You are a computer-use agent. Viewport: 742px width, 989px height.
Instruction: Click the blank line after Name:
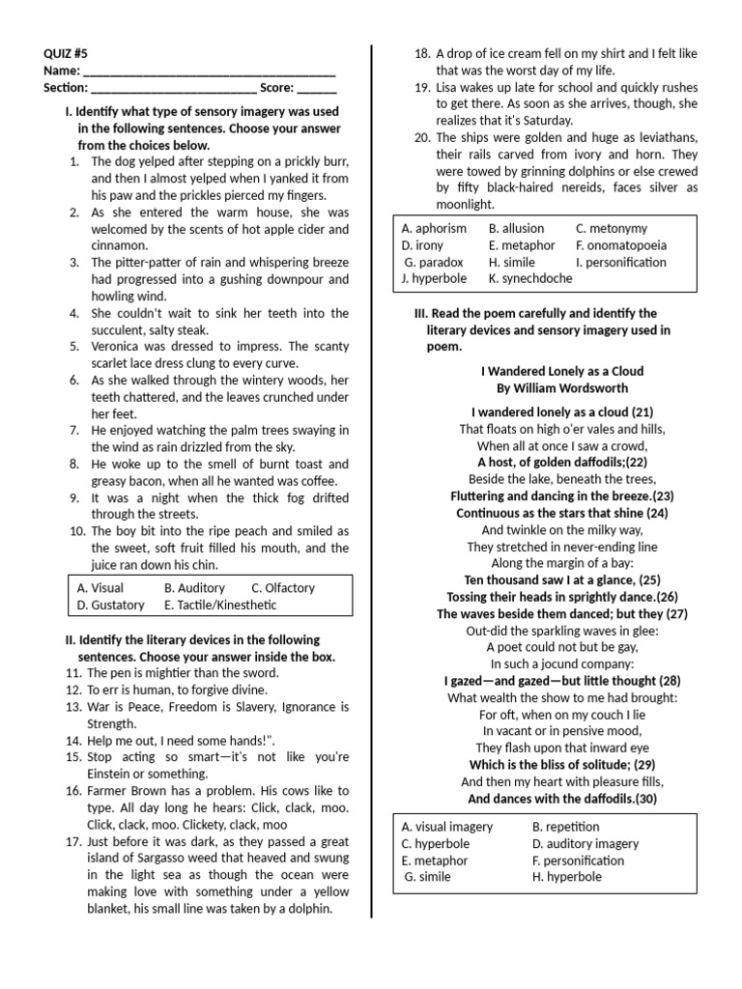pyautogui.click(x=210, y=71)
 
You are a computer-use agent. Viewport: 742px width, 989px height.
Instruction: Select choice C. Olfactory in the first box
pyautogui.click(x=283, y=587)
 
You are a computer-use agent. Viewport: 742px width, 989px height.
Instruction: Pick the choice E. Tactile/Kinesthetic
pyautogui.click(x=220, y=605)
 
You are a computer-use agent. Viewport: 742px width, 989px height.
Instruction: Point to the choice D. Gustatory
pyautogui.click(x=110, y=605)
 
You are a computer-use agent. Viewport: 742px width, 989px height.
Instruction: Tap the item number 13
pyautogui.click(x=74, y=707)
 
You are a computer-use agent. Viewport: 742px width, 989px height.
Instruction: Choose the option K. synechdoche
pyautogui.click(x=530, y=278)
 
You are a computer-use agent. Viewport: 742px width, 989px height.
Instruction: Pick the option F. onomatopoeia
pyautogui.click(x=621, y=245)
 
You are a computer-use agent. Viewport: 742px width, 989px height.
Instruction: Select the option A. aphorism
pyautogui.click(x=434, y=228)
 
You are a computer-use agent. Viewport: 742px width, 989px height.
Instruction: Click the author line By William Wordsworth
pyautogui.click(x=561, y=387)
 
